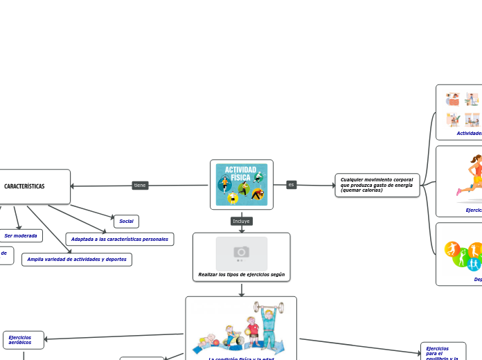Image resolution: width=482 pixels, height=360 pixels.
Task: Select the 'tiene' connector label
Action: point(140,186)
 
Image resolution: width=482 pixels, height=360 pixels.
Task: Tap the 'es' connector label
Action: point(291,185)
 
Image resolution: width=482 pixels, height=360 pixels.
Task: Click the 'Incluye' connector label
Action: point(242,222)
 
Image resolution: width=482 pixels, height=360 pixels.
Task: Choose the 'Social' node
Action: point(126,222)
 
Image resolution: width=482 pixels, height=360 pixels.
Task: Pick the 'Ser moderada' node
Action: point(21,236)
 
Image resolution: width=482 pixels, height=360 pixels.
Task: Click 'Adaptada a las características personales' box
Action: point(120,240)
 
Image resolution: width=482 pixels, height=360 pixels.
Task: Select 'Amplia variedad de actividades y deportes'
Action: point(77,260)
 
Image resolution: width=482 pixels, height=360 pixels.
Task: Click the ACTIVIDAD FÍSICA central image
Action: point(242,184)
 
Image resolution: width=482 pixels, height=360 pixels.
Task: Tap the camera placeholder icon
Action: point(241,253)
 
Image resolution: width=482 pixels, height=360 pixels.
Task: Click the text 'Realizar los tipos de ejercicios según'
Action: point(241,275)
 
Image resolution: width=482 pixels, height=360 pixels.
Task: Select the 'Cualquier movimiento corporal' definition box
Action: point(377,185)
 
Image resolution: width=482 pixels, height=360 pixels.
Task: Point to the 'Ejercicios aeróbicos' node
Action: point(24,340)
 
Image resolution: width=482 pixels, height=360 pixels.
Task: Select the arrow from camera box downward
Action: point(242,289)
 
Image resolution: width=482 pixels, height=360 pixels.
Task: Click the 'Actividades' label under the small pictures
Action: point(469,133)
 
